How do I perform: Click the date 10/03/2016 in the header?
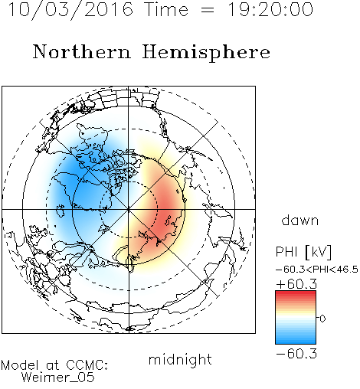(71, 10)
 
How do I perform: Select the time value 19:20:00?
(270, 10)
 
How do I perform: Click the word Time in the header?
(166, 10)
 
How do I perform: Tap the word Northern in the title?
(82, 51)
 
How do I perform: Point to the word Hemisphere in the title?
(206, 53)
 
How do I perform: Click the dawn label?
(300, 220)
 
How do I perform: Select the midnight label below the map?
(180, 359)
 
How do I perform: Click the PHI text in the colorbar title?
(286, 252)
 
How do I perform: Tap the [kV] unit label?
(318, 252)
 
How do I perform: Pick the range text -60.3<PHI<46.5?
(317, 270)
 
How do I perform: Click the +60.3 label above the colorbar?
(296, 284)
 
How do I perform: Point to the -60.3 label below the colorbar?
(296, 354)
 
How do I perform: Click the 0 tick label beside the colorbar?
(322, 319)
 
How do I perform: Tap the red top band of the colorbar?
(296, 293)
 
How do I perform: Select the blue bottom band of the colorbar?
(296, 341)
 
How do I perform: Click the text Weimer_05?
(58, 378)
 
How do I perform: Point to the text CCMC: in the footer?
(87, 365)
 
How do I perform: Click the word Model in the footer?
(20, 365)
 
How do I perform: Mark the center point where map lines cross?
(129, 209)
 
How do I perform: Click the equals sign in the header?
(208, 10)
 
